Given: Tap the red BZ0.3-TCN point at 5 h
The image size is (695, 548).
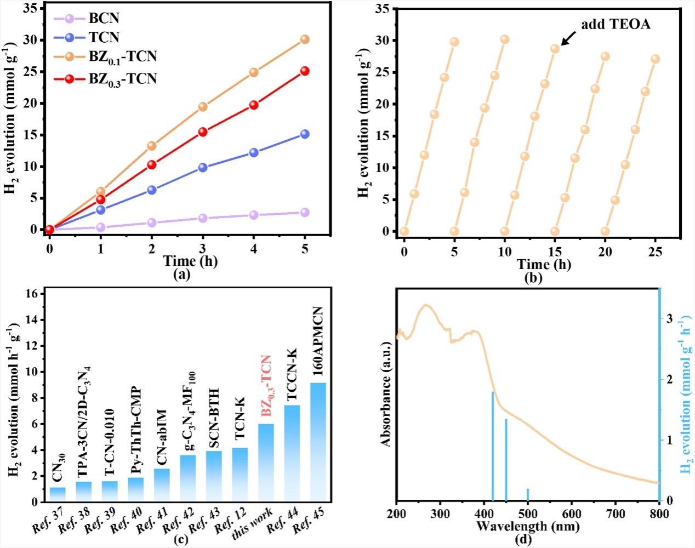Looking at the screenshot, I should [x=305, y=71].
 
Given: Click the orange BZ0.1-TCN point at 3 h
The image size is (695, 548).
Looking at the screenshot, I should [x=203, y=106].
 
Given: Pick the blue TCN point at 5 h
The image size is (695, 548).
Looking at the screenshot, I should [x=305, y=134].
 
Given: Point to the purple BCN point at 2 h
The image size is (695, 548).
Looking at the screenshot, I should [x=152, y=222].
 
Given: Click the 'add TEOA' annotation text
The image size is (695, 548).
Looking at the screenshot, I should [x=616, y=24].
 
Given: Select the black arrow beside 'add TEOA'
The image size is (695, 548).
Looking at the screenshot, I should [x=568, y=38].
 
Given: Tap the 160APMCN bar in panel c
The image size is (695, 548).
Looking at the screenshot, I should [x=318, y=442].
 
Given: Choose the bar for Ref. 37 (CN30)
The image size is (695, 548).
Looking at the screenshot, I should [x=58, y=494].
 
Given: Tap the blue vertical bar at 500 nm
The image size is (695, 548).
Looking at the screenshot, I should [x=528, y=494].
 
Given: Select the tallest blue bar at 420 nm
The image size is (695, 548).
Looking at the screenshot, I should [x=493, y=446].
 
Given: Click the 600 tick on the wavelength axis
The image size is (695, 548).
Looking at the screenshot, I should [x=572, y=513].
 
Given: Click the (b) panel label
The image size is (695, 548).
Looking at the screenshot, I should [x=533, y=278].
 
